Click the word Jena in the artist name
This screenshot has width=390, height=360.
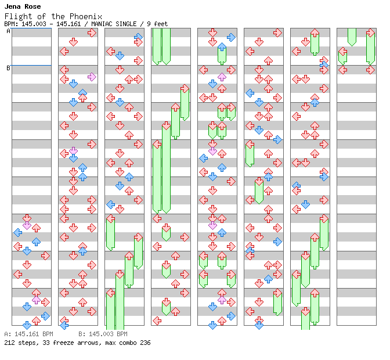(13, 6)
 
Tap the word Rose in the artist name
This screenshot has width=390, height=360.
(32, 6)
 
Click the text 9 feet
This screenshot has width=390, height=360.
(158, 24)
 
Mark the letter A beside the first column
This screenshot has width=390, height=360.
(8, 31)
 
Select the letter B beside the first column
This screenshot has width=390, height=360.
(8, 69)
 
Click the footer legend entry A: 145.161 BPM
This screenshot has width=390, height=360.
(28, 334)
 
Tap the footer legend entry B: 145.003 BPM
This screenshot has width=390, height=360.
(103, 334)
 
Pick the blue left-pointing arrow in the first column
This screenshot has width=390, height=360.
(17, 232)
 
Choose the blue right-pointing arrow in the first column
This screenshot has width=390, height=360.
(45, 316)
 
